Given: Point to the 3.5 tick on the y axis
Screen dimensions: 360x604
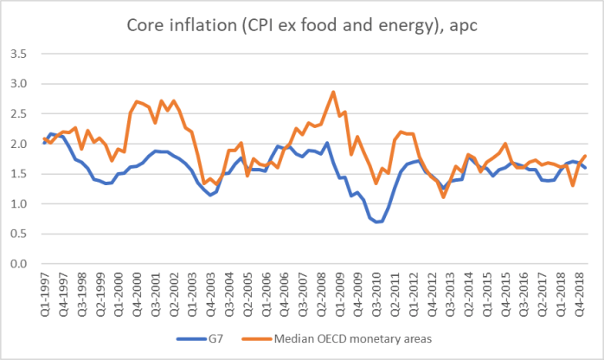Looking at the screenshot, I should pos(25,54).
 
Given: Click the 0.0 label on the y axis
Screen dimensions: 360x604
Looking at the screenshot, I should pos(25,264).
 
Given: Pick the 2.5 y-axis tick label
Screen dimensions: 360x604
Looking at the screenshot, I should pos(25,113).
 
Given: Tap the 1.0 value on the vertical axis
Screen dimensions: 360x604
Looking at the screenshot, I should pos(25,204).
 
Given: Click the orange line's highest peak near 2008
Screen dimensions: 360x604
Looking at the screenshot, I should pos(334,92).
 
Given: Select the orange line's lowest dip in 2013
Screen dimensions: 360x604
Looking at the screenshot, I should pos(443,197).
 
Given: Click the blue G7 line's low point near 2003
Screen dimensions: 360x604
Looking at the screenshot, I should pos(210,195).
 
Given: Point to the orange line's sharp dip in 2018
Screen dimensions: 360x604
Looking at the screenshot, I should pos(573,185).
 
